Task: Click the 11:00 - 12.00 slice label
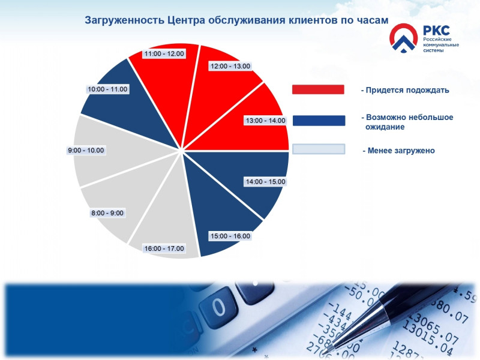[164, 53]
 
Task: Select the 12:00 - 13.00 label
[230, 66]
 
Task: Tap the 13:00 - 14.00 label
[265, 121]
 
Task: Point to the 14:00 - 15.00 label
[265, 181]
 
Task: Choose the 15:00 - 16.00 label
[230, 236]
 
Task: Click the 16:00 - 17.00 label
[164, 248]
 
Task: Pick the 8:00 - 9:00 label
[107, 213]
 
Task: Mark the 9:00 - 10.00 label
[86, 150]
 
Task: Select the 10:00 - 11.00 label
[107, 89]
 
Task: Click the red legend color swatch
[318, 89]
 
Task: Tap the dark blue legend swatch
[319, 121]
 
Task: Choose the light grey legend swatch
[318, 149]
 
